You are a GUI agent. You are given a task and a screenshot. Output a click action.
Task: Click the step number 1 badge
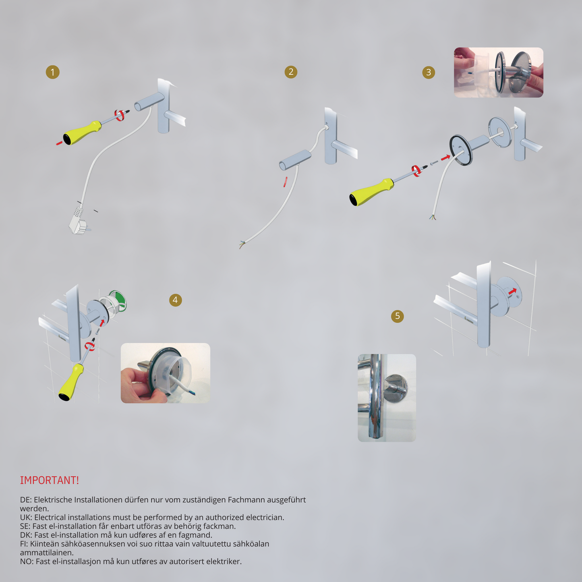[52, 72]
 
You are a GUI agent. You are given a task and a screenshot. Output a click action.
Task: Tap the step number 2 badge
[291, 72]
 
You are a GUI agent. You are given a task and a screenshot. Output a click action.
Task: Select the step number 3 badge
[429, 72]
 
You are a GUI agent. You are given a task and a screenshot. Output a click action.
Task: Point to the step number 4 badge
[176, 300]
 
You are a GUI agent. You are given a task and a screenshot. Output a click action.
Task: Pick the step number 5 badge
[398, 316]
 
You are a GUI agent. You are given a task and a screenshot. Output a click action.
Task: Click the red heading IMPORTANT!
[50, 480]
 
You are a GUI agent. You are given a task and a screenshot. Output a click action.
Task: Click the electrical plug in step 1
[79, 221]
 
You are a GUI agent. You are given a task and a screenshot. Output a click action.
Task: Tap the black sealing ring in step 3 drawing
[461, 150]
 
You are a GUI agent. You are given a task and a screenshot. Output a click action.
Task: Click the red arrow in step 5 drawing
[512, 291]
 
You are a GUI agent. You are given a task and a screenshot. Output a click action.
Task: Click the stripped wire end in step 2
[242, 244]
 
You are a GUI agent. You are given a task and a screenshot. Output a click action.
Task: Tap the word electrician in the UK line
[265, 518]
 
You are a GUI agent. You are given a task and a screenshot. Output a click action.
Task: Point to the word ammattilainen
[46, 553]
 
